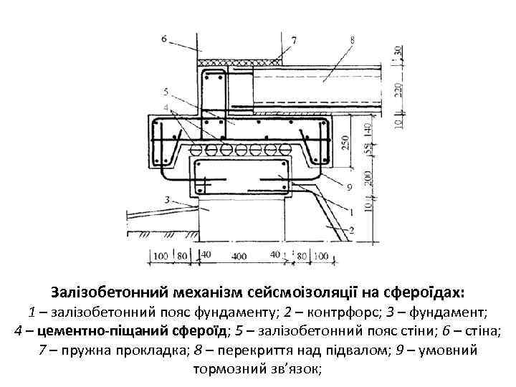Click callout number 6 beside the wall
pos(165,37)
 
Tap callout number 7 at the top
pos(295,41)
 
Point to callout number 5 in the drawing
pos(166,91)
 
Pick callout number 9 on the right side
pos(349,188)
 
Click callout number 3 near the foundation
pos(166,199)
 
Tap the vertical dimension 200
pos(368,177)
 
